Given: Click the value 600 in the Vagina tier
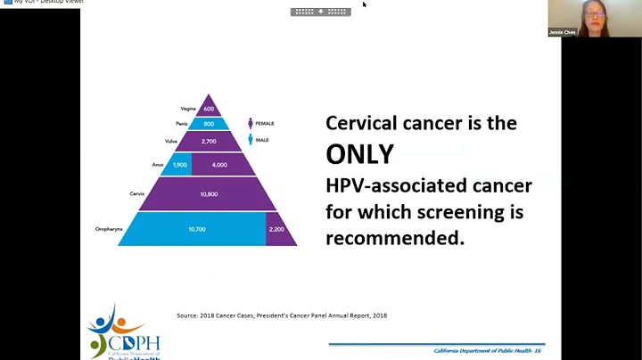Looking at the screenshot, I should pos(208,110).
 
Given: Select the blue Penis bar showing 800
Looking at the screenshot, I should pos(208,125).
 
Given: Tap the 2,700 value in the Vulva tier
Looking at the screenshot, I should pos(208,141).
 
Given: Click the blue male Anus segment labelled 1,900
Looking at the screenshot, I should pos(178,165).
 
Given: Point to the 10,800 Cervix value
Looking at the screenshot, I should pos(208,193).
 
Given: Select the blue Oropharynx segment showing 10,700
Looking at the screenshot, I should pos(196,229).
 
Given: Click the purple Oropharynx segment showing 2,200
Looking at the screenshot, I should pos(276,229).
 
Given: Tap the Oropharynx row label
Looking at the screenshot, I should pos(108,229).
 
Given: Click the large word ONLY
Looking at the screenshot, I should pos(359,154).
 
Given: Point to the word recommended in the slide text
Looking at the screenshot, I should pos(395,239).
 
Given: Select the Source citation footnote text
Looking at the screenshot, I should pos(282,315).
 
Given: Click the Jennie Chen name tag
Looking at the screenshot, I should pos(562,32).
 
